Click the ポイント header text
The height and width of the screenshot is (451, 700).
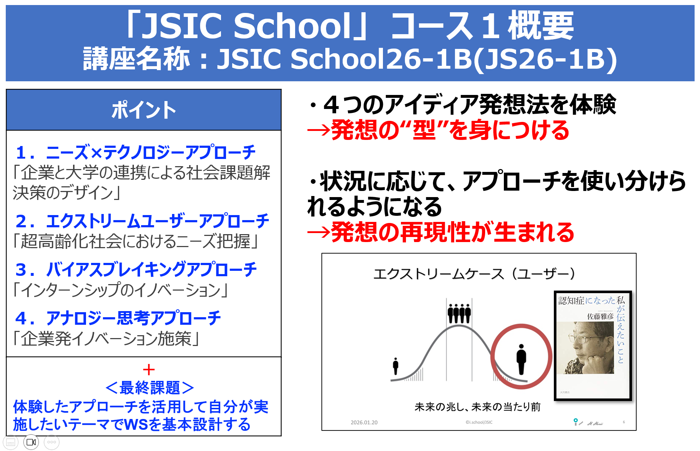(144, 110)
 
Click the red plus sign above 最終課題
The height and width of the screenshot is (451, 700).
(149, 370)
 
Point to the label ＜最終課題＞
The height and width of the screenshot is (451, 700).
(149, 388)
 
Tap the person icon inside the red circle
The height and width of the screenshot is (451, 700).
(521, 359)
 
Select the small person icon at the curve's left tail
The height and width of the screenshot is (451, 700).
(396, 366)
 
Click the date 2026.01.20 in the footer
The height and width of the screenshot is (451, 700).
(364, 423)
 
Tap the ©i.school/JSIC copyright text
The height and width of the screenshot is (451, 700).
(479, 423)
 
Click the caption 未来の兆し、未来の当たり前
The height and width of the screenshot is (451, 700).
(478, 407)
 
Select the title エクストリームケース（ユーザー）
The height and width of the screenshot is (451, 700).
(474, 274)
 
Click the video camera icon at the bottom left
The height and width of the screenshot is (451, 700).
(31, 442)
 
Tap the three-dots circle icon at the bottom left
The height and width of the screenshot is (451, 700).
(51, 442)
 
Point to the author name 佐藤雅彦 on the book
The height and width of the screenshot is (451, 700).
(600, 316)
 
